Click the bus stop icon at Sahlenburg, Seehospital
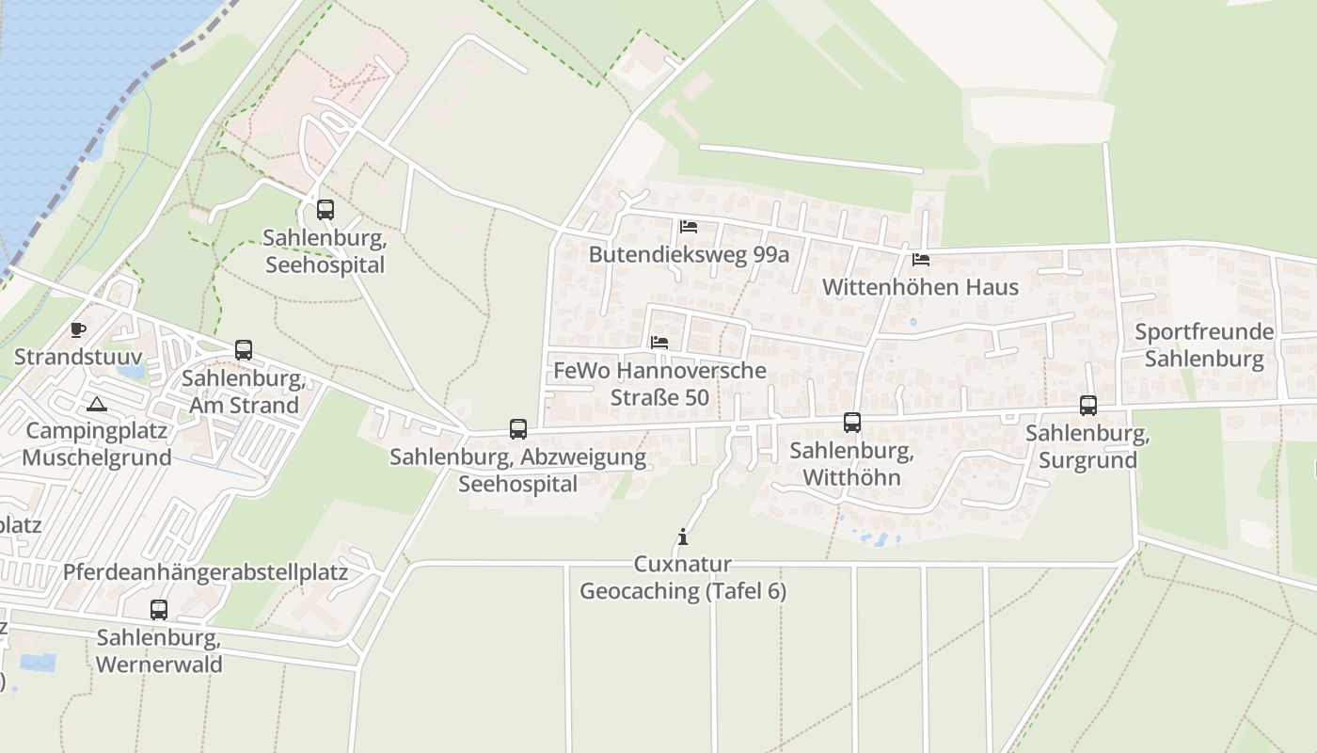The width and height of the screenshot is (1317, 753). click(x=325, y=210)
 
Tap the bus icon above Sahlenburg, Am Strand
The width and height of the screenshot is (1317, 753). click(x=244, y=350)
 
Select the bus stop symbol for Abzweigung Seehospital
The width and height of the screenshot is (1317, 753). click(x=518, y=429)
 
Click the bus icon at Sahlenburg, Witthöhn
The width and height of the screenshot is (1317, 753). click(x=852, y=423)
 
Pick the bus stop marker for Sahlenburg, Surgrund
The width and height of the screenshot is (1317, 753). click(x=1088, y=406)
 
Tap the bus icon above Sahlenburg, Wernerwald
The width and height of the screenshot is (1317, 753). click(x=159, y=610)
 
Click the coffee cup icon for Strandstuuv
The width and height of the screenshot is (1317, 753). click(x=78, y=329)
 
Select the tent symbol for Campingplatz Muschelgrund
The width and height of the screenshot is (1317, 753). click(x=96, y=405)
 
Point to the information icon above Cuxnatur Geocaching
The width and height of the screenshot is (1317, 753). click(x=683, y=537)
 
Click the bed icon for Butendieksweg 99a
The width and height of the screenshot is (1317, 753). click(x=689, y=227)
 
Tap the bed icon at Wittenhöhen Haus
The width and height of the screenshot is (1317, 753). click(x=920, y=259)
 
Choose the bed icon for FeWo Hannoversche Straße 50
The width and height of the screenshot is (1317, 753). click(x=659, y=343)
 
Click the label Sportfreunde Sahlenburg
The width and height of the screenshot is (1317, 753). click(x=1204, y=345)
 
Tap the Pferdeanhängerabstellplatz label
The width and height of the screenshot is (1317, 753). click(x=205, y=572)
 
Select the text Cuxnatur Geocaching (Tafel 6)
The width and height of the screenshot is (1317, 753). click(x=683, y=578)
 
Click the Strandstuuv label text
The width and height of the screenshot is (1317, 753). click(x=78, y=358)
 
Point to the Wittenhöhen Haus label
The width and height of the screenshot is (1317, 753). click(x=920, y=287)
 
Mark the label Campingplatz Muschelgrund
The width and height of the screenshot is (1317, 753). click(x=97, y=444)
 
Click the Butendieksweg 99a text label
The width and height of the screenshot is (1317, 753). click(x=689, y=255)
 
